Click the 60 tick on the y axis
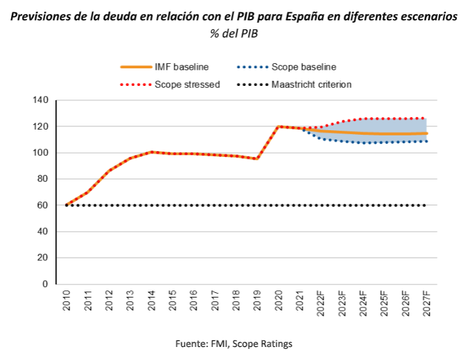(43, 205)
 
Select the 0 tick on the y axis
(46, 284)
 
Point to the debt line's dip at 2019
(257, 158)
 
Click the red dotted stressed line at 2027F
(425, 118)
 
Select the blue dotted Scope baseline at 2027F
(425, 141)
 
